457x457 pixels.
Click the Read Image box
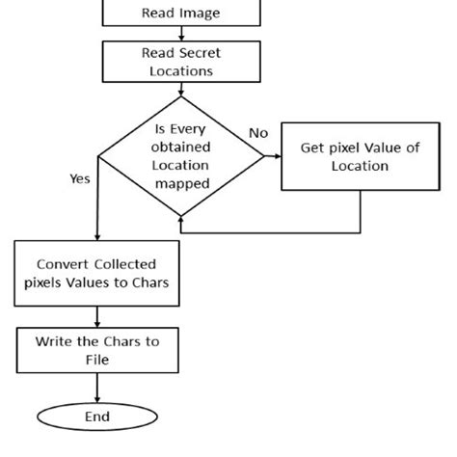point(180,13)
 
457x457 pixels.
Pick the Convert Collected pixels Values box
point(96,273)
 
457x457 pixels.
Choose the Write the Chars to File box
point(97,349)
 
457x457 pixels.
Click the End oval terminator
point(97,417)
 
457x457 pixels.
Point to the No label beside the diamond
point(258,133)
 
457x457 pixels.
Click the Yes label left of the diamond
point(81,178)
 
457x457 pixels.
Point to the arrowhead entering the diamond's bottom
point(181,221)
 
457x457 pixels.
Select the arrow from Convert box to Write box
point(97,316)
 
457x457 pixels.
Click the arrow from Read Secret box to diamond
point(180,90)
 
